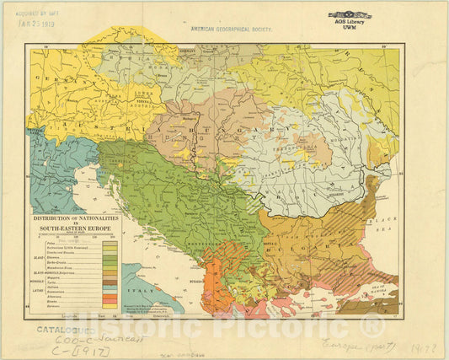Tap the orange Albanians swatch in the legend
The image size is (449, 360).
(x=109, y=296)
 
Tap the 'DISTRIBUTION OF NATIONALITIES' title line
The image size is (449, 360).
(x=76, y=218)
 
